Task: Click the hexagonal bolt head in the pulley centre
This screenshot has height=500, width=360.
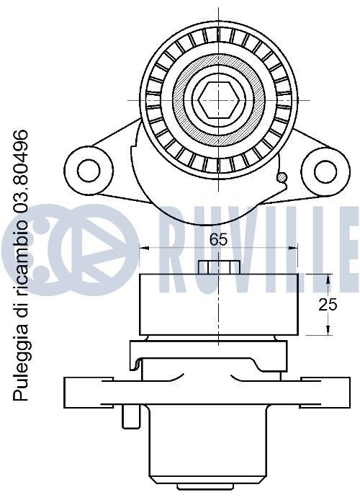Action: point(219,99)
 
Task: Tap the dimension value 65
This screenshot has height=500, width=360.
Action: point(218,240)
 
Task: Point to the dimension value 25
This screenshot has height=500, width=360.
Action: point(328,305)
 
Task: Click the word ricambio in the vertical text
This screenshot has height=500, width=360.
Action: point(20,259)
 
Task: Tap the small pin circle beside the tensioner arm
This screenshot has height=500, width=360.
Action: point(282,178)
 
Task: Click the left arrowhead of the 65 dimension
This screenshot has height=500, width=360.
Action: point(145,247)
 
